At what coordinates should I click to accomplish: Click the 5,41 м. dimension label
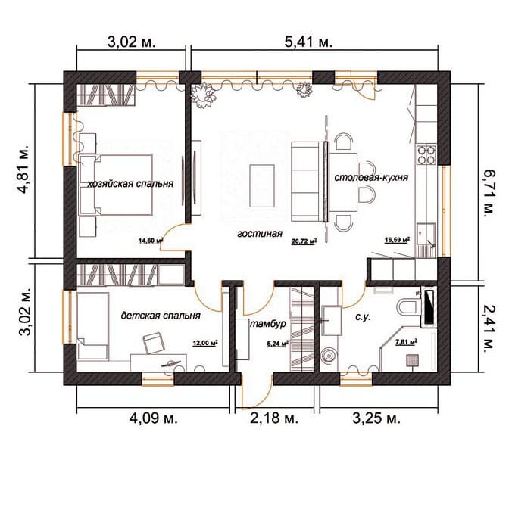point(308,42)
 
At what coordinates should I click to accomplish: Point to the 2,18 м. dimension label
point(273,418)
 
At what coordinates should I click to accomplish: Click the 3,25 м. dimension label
point(376,418)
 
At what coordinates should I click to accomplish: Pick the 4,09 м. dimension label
point(153,418)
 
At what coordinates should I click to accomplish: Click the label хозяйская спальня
point(130,184)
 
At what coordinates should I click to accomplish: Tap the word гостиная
point(260,234)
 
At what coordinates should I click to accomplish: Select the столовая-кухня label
point(371,178)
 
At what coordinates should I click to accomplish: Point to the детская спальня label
point(161,316)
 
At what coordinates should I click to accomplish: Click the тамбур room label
point(268,324)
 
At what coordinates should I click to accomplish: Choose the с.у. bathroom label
point(363,317)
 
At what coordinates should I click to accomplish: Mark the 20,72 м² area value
point(304,241)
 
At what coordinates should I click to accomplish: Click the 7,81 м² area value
point(406,342)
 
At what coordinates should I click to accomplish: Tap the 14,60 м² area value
point(151,241)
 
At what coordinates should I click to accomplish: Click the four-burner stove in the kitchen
point(426,154)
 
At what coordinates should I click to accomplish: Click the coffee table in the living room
point(262,186)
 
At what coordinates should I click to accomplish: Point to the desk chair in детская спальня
point(153,343)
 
